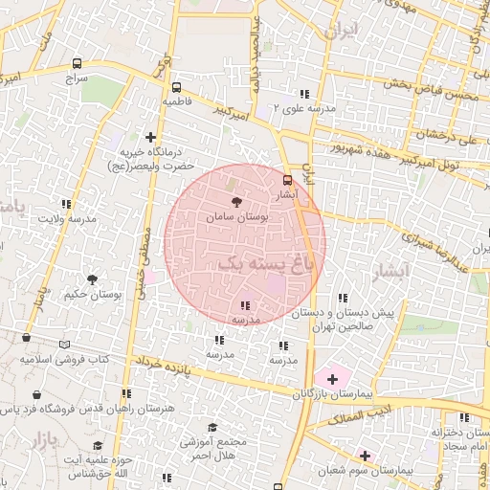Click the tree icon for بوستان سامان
pos(237,201)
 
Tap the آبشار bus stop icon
pos(288,179)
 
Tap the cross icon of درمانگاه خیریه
pos(149,137)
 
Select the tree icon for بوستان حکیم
pos(92,279)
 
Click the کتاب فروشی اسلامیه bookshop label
pos(65,360)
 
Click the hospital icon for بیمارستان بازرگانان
pos(332,380)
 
